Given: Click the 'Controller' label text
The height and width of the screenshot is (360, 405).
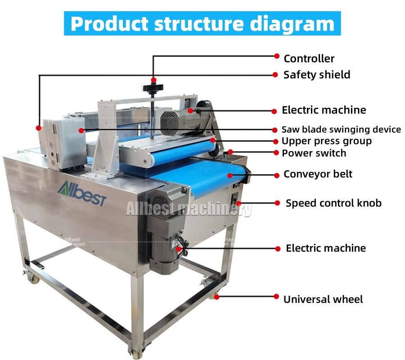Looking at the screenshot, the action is pos(309,58).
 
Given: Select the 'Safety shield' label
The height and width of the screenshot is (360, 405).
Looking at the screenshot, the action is pos(316,75).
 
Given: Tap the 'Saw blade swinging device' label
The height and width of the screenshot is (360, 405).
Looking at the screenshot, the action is pos(341,130).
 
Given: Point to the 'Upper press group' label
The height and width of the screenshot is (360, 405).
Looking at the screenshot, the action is pos(327,141).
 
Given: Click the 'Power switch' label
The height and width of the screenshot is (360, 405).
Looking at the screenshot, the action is pos(314,153).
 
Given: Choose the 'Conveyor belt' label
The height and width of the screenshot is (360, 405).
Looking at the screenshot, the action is pos(318,174).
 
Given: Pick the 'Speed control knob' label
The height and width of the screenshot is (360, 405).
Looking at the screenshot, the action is pos(333,203).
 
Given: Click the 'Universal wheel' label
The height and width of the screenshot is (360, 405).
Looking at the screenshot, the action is pos(323,299).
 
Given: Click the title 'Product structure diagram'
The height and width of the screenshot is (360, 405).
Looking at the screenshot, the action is pos(202,23).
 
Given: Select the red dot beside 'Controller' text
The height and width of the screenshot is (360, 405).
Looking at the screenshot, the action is pos(277,56).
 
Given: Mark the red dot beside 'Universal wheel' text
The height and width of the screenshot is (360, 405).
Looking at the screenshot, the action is pos(277,296).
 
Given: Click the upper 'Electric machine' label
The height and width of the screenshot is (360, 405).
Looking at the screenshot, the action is pos(324,110).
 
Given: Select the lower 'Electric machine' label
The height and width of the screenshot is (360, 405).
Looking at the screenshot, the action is pos(326,248).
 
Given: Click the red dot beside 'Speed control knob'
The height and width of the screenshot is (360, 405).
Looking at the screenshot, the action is pos(277,203).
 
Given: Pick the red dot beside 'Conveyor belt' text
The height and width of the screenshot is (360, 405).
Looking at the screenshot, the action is pos(277,174).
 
